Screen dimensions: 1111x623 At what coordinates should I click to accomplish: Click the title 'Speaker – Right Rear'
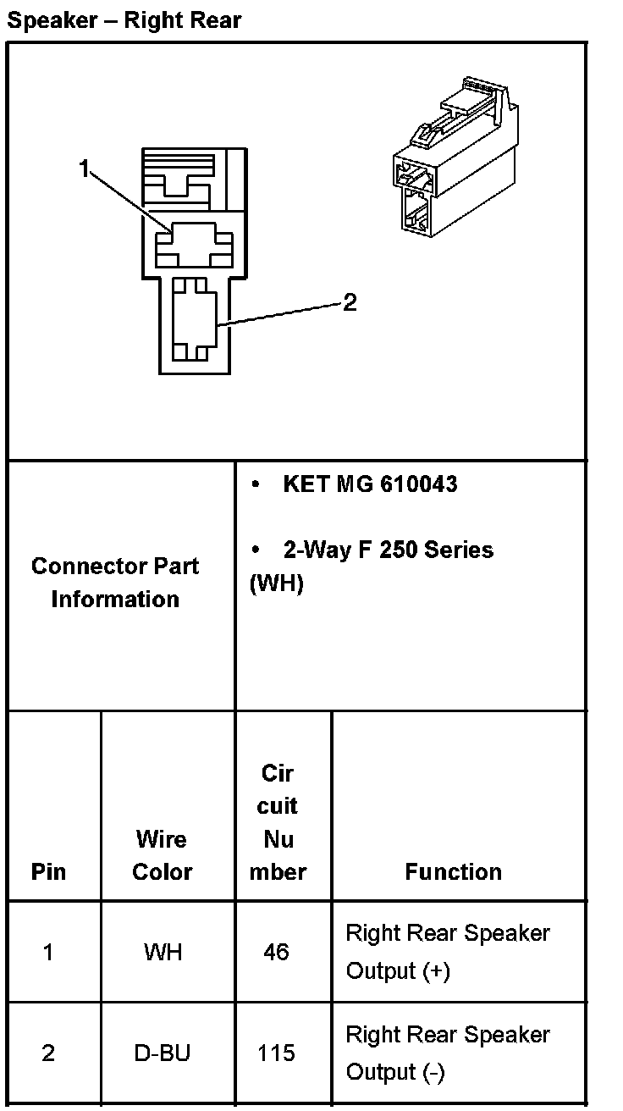click(124, 20)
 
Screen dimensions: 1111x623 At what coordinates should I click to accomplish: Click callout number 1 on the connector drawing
click(84, 169)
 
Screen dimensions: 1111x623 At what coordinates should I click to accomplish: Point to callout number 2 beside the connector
click(350, 302)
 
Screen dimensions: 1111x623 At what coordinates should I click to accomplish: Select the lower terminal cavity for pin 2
click(194, 320)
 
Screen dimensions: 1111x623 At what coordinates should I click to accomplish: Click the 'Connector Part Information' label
click(115, 583)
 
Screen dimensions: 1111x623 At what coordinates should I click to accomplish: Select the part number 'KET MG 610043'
click(370, 484)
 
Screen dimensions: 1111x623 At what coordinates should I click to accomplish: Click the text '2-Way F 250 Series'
click(388, 550)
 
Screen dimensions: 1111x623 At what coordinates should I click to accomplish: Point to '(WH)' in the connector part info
click(276, 584)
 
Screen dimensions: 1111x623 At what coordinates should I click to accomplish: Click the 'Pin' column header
click(48, 871)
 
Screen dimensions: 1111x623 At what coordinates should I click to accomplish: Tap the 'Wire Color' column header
click(162, 855)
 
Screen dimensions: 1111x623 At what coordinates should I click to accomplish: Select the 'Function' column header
click(453, 871)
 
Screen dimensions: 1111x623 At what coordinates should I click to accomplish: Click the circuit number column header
click(278, 822)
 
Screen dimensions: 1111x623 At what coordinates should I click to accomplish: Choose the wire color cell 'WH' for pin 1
click(163, 952)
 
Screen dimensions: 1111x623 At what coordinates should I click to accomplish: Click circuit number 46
click(276, 952)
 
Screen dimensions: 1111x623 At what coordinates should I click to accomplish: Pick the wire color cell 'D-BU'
click(163, 1053)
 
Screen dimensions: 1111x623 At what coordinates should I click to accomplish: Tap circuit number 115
click(276, 1053)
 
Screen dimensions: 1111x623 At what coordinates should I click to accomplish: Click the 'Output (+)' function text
click(397, 970)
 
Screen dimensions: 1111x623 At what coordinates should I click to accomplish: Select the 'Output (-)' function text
click(394, 1072)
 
